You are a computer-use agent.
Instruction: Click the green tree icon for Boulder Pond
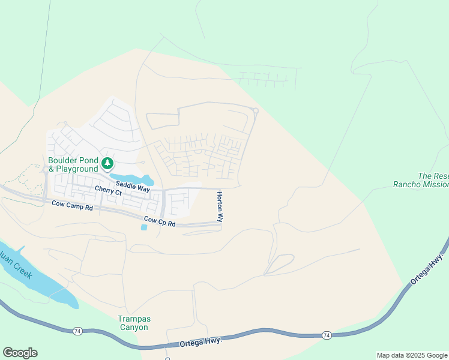point(107,163)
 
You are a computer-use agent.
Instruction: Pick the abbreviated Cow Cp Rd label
point(159,221)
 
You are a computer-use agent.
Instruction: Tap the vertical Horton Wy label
point(220,207)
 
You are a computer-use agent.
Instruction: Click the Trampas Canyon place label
point(133,323)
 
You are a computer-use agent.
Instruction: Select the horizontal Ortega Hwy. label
point(201,342)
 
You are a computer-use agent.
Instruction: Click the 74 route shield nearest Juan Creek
point(77,331)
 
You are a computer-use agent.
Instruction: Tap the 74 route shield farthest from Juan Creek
point(326,334)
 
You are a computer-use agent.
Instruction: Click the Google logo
point(20,353)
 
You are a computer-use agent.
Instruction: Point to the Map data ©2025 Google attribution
point(412,355)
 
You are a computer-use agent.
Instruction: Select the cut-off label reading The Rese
point(433,176)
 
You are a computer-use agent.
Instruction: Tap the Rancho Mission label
point(420,185)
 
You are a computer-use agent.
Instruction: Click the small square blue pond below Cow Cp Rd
point(144,227)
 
